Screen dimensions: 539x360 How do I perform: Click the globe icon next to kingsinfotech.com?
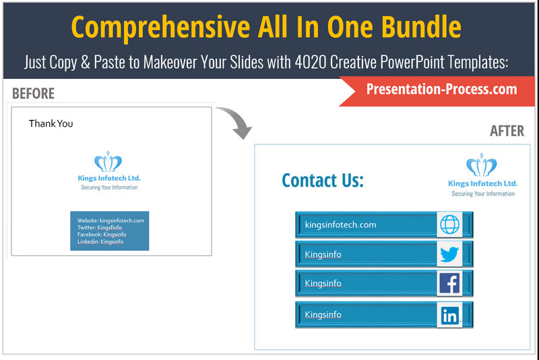[449, 224]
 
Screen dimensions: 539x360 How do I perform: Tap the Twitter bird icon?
[449, 254]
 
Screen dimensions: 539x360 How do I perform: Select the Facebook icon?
[449, 283]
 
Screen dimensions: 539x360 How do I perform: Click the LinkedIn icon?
[450, 315]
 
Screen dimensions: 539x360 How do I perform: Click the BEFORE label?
[33, 94]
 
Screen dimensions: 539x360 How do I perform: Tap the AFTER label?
[507, 131]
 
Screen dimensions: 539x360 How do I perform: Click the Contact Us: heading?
[323, 181]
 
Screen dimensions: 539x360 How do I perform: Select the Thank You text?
[51, 123]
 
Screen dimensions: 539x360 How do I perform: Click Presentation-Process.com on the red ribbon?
[442, 89]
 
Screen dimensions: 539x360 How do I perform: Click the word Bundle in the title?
[422, 27]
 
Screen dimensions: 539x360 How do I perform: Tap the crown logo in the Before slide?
[108, 161]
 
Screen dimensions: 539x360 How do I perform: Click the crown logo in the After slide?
[481, 164]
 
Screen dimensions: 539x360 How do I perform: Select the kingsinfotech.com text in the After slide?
[340, 225]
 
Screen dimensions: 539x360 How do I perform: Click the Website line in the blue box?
[110, 220]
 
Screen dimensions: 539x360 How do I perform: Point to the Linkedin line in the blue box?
[100, 241]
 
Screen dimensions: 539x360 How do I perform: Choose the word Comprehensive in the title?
[160, 28]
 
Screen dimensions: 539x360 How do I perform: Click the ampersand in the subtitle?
[86, 63]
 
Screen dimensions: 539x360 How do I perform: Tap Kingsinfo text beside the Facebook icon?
[323, 283]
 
